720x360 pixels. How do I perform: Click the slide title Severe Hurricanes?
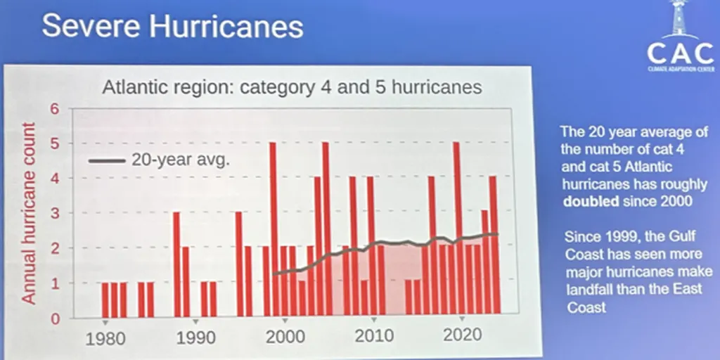tap(172, 27)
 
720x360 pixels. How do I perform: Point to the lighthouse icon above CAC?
tap(679, 20)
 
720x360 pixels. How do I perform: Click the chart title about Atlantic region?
tap(292, 88)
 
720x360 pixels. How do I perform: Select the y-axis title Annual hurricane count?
tap(28, 213)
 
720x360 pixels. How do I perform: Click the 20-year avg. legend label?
tap(181, 160)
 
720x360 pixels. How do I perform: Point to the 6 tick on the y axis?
tap(54, 109)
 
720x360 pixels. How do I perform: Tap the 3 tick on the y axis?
tap(54, 213)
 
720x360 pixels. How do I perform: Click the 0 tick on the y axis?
tap(54, 319)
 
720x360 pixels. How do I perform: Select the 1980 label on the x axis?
tap(105, 338)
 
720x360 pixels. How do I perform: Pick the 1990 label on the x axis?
tap(195, 338)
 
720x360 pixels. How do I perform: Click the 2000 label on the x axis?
tap(285, 338)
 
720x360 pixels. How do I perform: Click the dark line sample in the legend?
tap(106, 160)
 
